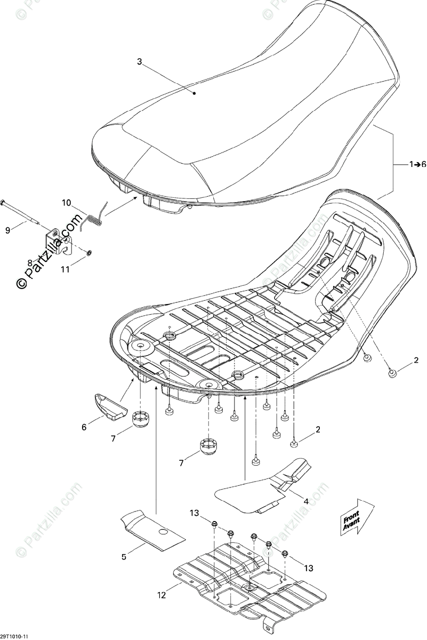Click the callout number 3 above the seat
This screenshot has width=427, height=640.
coord(140,62)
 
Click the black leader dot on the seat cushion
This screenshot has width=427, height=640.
coord(195,93)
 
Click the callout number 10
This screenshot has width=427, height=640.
coord(66,203)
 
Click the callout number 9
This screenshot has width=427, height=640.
coord(8,230)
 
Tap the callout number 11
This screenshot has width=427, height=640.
coord(65,270)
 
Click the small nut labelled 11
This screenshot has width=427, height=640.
coord(89,251)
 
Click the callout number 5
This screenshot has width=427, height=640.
coord(124,557)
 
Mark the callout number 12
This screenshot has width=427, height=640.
coord(163,594)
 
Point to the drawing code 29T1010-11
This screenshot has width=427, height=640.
coord(15,636)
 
